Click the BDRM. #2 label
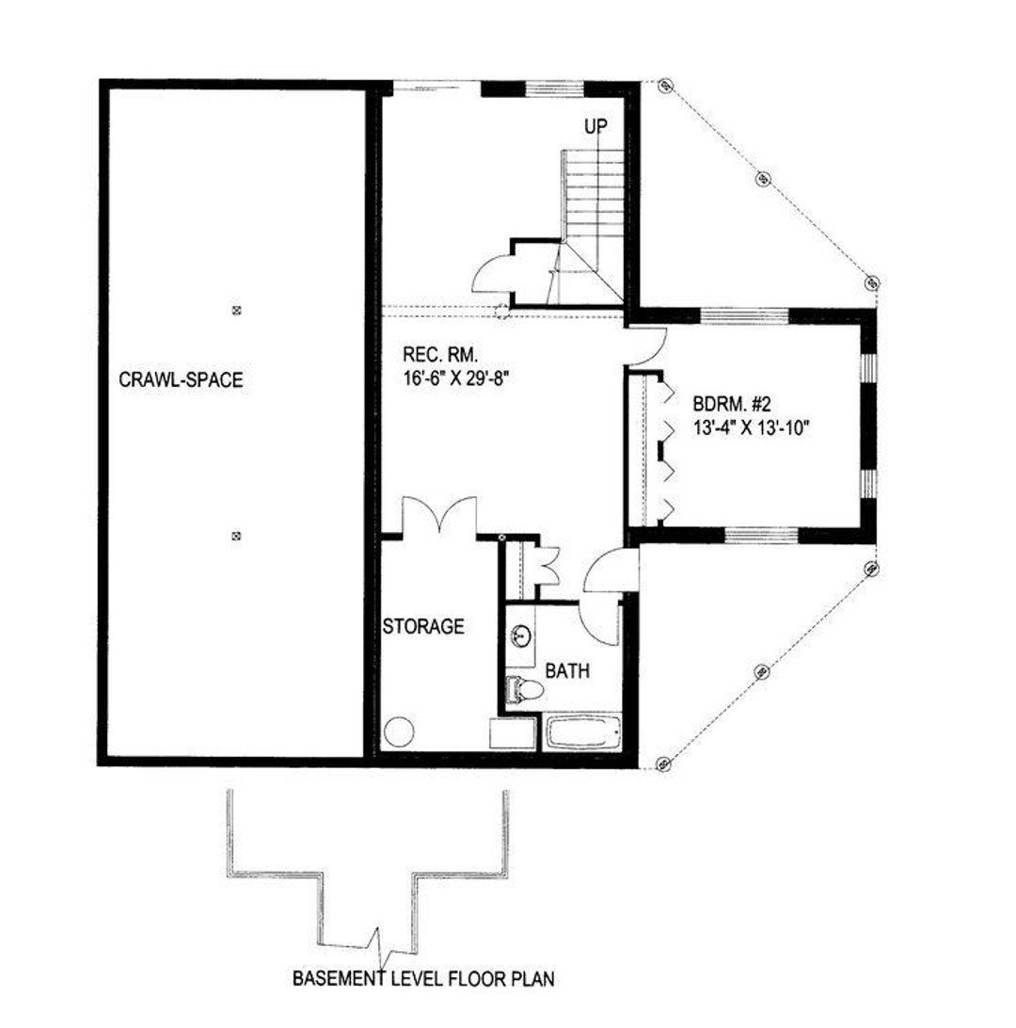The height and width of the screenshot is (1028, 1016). [x=732, y=405]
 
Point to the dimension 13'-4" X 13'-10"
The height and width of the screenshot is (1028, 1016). [x=752, y=427]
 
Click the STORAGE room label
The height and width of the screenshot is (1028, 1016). [x=423, y=626]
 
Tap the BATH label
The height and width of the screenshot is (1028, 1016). [x=568, y=671]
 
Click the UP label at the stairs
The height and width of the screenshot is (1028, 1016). [x=595, y=126]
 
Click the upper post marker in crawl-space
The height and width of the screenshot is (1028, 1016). [x=235, y=309]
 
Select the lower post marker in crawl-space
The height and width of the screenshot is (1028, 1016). [x=235, y=536]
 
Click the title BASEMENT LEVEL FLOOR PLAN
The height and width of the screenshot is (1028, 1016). [x=422, y=979]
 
